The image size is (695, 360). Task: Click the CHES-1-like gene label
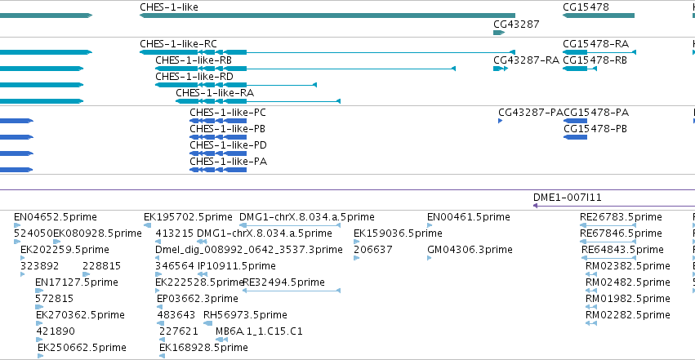169,7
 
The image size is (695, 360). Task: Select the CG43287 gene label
516,24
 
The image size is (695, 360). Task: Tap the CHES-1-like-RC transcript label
178,44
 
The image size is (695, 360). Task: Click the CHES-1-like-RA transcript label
215,93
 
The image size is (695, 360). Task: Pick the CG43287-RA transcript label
526,60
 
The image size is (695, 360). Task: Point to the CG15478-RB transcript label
595,60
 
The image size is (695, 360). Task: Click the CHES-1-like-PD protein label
229,145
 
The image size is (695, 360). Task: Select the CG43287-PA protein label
531,113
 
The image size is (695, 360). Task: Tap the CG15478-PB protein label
595,129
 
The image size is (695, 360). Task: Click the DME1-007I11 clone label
568,197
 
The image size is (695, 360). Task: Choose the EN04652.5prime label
56,217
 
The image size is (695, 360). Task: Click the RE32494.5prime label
283,282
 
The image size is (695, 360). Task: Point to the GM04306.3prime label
470,250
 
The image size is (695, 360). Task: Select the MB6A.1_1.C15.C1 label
259,331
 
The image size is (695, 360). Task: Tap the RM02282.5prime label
628,315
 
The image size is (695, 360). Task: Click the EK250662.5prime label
82,348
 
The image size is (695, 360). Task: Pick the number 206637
372,250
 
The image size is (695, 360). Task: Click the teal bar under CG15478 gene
599,16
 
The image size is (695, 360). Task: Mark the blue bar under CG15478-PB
575,137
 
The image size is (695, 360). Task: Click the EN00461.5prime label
469,217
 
